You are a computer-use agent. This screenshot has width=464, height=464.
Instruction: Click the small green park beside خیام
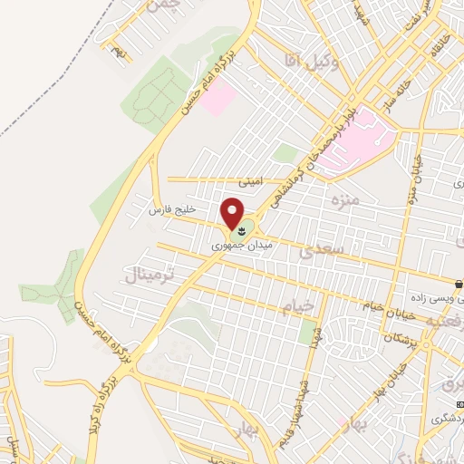tap(308, 332)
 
